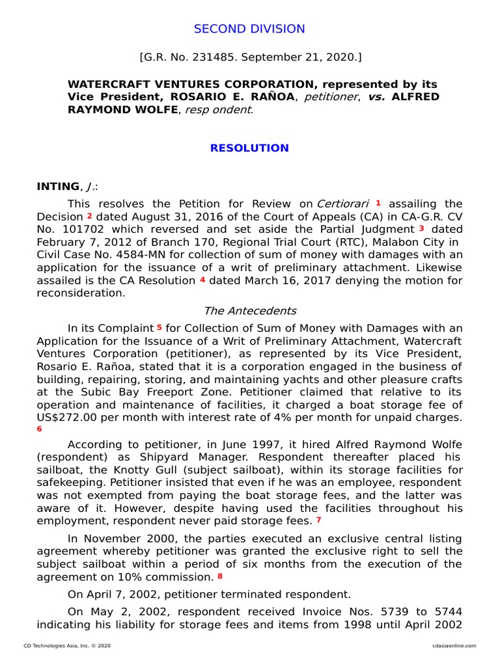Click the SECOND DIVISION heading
[x=249, y=29]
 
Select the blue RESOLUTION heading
[x=249, y=148]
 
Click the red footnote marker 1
[x=378, y=203]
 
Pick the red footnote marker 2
[x=90, y=215]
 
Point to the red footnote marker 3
[x=421, y=228]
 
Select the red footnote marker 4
[x=202, y=279]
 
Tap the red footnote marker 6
[x=39, y=429]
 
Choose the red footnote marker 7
[x=318, y=519]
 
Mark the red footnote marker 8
[x=220, y=576]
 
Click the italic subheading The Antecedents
[x=249, y=311]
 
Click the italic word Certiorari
[x=343, y=204]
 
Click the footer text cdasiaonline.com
[x=454, y=646]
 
